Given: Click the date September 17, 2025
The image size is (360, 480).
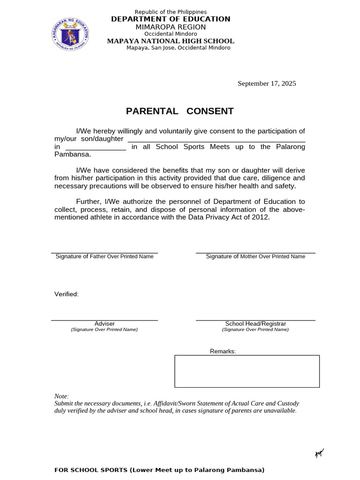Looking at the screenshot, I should [x=267, y=83].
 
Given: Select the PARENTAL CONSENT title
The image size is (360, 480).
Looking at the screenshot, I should [x=180, y=111].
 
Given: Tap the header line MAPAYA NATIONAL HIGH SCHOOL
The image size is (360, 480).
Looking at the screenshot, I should [x=171, y=41].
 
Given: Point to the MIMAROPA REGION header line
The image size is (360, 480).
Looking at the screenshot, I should [x=171, y=27].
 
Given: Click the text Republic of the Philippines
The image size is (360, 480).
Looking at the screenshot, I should [x=171, y=12].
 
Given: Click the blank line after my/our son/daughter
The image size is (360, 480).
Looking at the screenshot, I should [x=216, y=140].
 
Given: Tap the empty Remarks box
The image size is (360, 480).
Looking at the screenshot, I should [x=247, y=371].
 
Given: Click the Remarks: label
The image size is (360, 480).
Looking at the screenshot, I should [x=223, y=351].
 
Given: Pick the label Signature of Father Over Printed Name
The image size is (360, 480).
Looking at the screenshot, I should [x=105, y=256].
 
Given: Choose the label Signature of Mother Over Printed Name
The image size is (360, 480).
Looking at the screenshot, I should [x=255, y=256].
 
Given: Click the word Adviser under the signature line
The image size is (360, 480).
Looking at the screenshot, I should [x=105, y=324].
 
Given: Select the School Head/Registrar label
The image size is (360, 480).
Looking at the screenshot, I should [x=255, y=324].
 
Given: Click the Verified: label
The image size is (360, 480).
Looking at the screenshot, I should [x=67, y=294].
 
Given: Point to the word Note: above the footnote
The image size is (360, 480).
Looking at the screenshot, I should [x=61, y=396].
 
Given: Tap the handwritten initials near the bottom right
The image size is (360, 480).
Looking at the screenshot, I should [x=319, y=453].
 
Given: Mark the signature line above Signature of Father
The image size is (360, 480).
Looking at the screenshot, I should [x=105, y=253].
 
